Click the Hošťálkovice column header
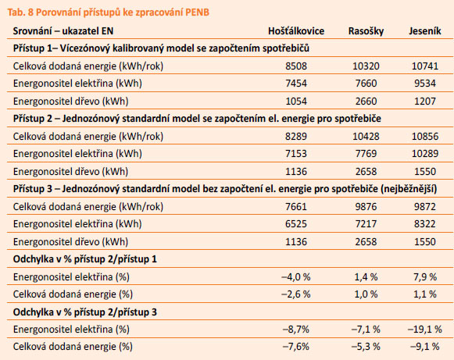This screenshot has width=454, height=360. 296,31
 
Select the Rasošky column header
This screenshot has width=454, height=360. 366,31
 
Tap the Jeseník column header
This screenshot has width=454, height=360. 425,31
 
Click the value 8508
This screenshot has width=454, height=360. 296,66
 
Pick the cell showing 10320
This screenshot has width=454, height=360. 366,66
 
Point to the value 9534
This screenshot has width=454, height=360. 425,84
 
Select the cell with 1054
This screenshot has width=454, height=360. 296,101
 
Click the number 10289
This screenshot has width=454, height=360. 425,153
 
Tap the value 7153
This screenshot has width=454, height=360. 296,153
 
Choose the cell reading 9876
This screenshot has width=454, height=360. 366,207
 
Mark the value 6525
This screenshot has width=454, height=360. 296,223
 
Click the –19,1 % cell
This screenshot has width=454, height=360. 425,329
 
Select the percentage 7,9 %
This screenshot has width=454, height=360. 425,277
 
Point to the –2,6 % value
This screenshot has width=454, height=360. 296,294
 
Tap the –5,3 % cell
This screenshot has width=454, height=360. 366,346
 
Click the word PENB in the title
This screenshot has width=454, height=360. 197,12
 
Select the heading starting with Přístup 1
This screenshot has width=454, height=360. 161,48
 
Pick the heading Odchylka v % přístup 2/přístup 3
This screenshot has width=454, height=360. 85,312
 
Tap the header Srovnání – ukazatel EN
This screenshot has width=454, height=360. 63,31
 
